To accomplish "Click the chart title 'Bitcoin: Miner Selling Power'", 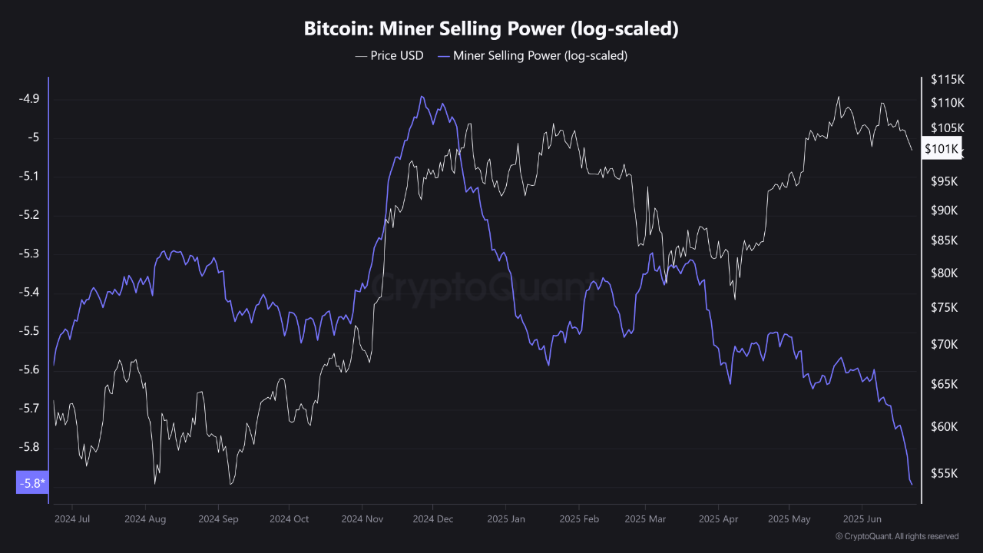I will (491, 29).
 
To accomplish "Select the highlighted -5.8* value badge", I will (31, 482).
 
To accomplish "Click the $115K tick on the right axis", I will (947, 79).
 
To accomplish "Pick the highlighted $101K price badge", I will (942, 148).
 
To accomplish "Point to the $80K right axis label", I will (945, 273).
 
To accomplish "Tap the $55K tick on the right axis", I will (945, 474).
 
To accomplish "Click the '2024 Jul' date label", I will (72, 518).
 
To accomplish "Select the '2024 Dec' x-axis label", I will (433, 518).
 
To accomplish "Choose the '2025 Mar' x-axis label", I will (645, 518).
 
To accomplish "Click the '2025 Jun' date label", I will (862, 518).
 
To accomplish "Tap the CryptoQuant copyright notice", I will (896, 536).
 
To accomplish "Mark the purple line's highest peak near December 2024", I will (422, 97).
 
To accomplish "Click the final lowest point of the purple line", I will (912, 484).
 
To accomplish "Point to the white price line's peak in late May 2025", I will (838, 97).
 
